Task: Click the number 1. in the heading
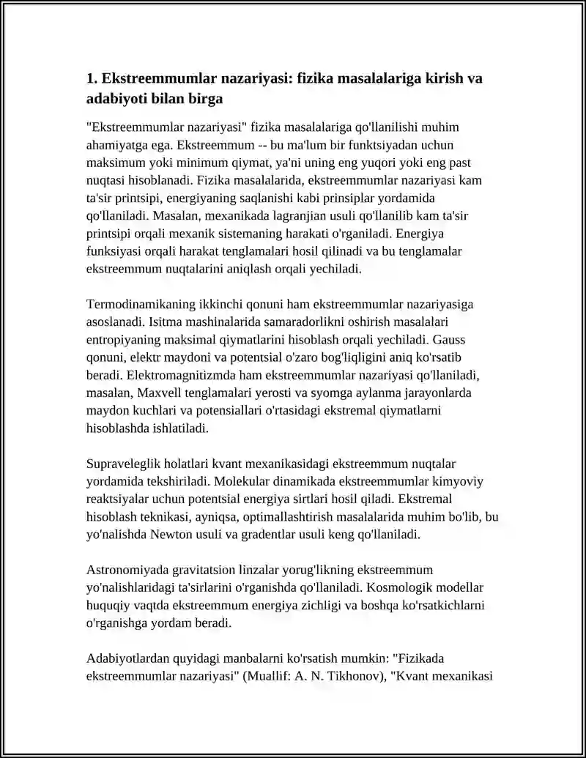pos(92,78)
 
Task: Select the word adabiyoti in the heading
pos(116,97)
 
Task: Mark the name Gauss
pos(450,340)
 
